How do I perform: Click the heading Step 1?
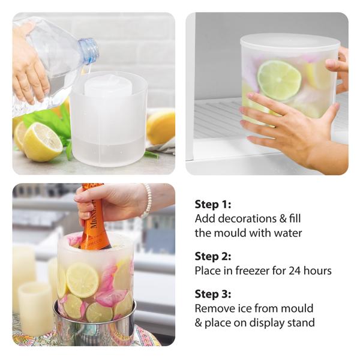pyautogui.click(x=213, y=205)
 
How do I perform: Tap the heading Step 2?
pyautogui.click(x=213, y=256)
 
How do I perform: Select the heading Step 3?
pyautogui.click(x=213, y=294)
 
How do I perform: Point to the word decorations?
pyautogui.click(x=247, y=218)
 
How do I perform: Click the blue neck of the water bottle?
pyautogui.click(x=89, y=50)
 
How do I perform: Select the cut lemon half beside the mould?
pyautogui.click(x=43, y=142)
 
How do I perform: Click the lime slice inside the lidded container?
pyautogui.click(x=279, y=80)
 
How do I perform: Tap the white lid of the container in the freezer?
pyautogui.click(x=290, y=43)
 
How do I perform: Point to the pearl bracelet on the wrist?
pyautogui.click(x=146, y=200)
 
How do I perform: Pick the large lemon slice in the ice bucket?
pyautogui.click(x=82, y=280)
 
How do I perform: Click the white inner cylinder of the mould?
pyautogui.click(x=108, y=83)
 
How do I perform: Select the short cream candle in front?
pyautogui.click(x=35, y=308)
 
